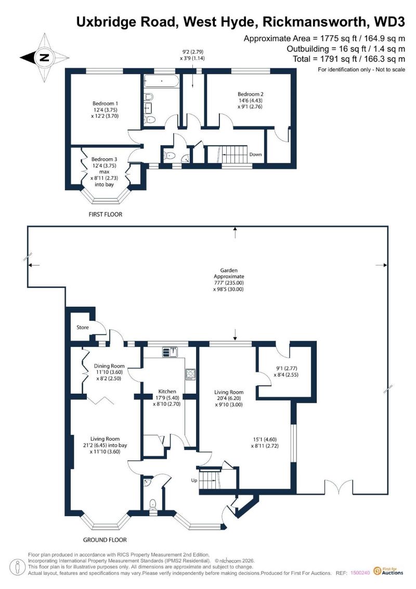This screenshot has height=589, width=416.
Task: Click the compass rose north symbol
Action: pos(45,58)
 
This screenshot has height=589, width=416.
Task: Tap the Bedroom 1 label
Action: pos(106,103)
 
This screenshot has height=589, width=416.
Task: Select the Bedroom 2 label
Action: pos(250,94)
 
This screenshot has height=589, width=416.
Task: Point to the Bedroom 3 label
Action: pos(104,159)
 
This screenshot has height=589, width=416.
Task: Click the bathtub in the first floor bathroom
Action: pos(161,82)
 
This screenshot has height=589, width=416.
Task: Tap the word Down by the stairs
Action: pos(255,154)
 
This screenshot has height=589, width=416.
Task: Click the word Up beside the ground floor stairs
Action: pos(194,480)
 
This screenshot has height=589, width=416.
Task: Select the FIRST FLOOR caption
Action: pos(106,215)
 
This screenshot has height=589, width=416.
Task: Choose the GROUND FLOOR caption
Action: pos(105,540)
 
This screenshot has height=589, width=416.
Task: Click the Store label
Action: pos(83,328)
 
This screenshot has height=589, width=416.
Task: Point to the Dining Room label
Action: pos(109,366)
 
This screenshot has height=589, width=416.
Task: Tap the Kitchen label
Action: pos(167,392)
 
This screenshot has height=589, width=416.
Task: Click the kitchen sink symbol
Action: pos(170,353)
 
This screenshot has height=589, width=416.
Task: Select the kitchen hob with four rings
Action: pos(190,374)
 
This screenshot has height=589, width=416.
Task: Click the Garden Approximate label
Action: pos(229,273)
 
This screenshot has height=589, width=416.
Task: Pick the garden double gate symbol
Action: pos(339,487)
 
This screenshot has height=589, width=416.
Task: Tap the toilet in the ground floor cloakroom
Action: pos(153,505)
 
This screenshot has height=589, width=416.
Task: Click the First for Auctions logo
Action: pos(388,571)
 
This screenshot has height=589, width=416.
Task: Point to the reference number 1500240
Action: pos(360,573)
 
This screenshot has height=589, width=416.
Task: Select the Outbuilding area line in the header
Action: pos(346,49)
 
